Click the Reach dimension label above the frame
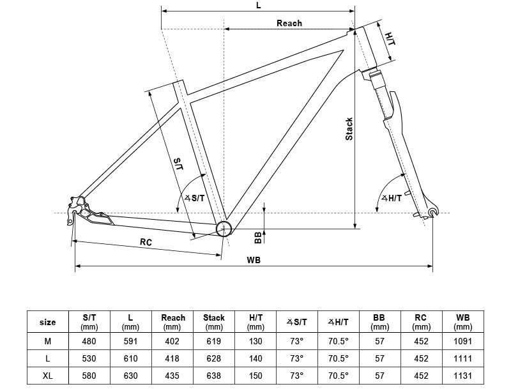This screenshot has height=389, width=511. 289,23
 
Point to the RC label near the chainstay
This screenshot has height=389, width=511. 146,241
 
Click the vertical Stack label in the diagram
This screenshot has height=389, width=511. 349,129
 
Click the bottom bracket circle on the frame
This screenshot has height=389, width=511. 224,229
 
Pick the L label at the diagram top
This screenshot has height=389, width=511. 258,5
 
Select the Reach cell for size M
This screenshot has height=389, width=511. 173,341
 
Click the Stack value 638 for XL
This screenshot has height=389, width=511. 214,376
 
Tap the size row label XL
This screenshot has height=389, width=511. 47,376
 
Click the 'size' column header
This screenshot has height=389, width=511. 47,323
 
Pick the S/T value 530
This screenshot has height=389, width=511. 89,358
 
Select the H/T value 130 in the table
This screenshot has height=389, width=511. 255,341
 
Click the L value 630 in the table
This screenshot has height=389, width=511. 130,376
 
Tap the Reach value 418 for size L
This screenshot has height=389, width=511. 173,358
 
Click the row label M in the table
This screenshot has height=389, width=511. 47,341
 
